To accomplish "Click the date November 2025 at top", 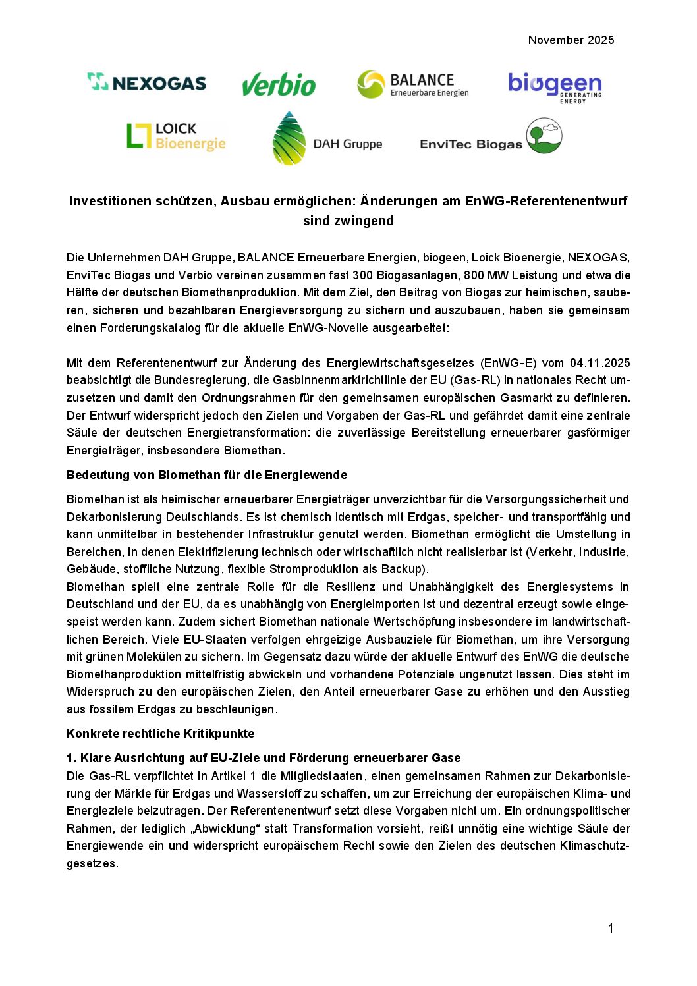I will pos(571,40).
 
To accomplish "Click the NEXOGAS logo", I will pos(147,82).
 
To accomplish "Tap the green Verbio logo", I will pos(279,84).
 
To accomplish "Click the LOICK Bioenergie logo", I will pos(176,136).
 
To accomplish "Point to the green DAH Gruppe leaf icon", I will pos(289,138).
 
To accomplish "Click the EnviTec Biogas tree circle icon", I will pos(544,136).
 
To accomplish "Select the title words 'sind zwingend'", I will pos(348,221).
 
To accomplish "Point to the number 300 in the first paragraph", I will pos(362,275).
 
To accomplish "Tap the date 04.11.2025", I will pos(599,363).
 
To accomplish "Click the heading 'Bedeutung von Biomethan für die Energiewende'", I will pos(207,475).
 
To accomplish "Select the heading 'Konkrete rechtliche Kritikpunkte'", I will pos(160,734).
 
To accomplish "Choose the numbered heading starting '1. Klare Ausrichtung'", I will pos(264,758).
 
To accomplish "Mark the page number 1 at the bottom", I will pos(611,929).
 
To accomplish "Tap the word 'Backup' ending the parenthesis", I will pos(405,569).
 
